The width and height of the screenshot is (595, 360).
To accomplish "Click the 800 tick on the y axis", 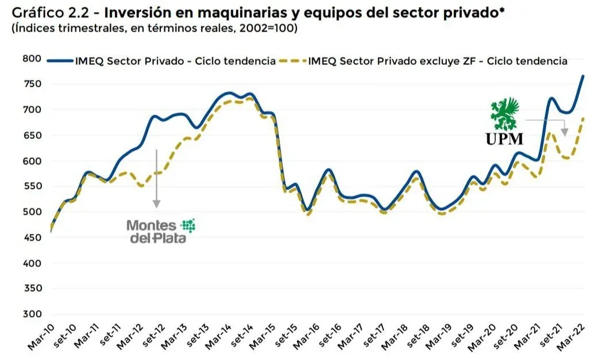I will point(32,58).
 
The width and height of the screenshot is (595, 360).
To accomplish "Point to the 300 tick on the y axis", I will point(32,314).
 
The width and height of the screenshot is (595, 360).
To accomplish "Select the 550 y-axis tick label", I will point(32,186).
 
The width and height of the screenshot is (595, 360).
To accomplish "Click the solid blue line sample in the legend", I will point(60,60).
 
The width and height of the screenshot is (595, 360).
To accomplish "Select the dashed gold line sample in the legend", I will point(292,60).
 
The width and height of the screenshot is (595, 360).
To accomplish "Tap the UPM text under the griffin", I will point(505,138).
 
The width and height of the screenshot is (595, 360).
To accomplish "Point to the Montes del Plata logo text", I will point(150,231).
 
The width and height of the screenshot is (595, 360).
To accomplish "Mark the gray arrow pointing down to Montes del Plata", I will point(156,177).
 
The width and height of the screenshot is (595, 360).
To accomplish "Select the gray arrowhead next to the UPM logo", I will point(564,131).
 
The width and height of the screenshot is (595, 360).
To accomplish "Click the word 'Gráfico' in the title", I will point(37,12).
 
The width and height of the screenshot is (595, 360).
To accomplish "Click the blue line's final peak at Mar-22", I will point(583,76).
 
